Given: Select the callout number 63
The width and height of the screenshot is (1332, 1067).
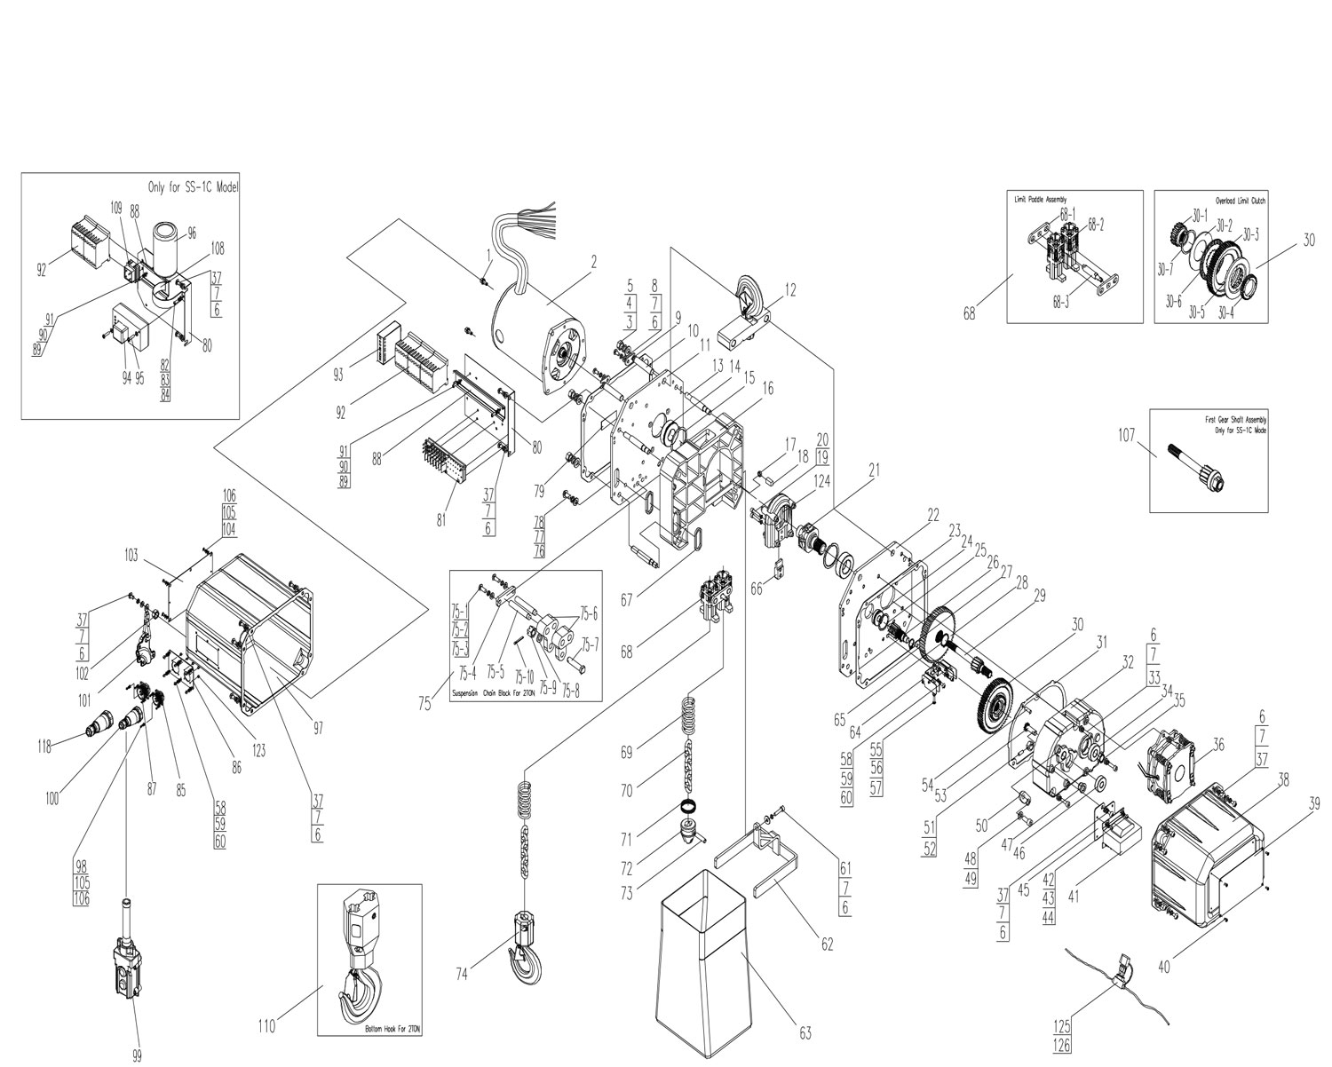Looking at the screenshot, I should coord(805,1033).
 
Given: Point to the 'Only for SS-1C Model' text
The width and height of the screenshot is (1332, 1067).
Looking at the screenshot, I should coord(194,188).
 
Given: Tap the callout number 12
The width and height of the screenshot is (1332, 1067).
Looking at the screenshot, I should coord(790,289).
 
